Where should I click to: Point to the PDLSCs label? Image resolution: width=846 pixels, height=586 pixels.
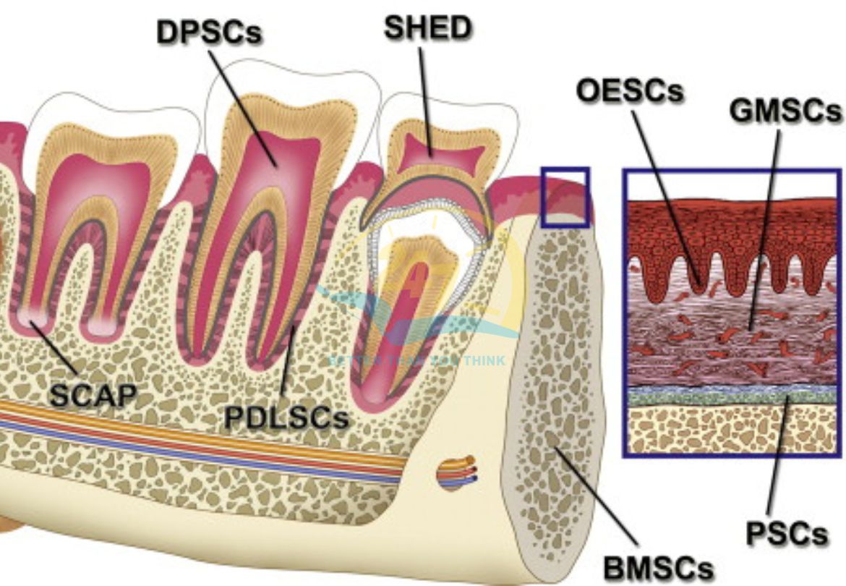(285, 419)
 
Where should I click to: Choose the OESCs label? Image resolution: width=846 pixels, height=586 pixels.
(629, 91)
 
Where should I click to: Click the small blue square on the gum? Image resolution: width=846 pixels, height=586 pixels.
(565, 198)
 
